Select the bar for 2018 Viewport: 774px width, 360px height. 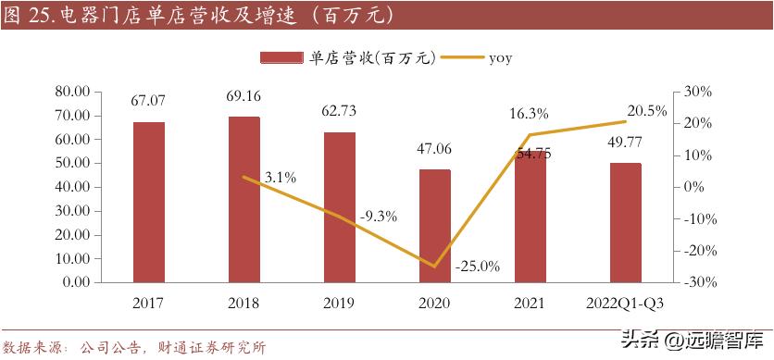[x=244, y=199]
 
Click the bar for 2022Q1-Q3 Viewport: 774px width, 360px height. [x=626, y=222]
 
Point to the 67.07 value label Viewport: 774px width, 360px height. [x=148, y=99]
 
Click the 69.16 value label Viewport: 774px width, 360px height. [x=244, y=94]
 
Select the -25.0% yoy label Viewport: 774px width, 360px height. [x=478, y=267]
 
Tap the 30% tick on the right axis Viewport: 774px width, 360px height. [x=694, y=92]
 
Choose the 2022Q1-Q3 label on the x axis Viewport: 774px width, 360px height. [x=626, y=303]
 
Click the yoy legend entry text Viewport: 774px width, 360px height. [x=501, y=57]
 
